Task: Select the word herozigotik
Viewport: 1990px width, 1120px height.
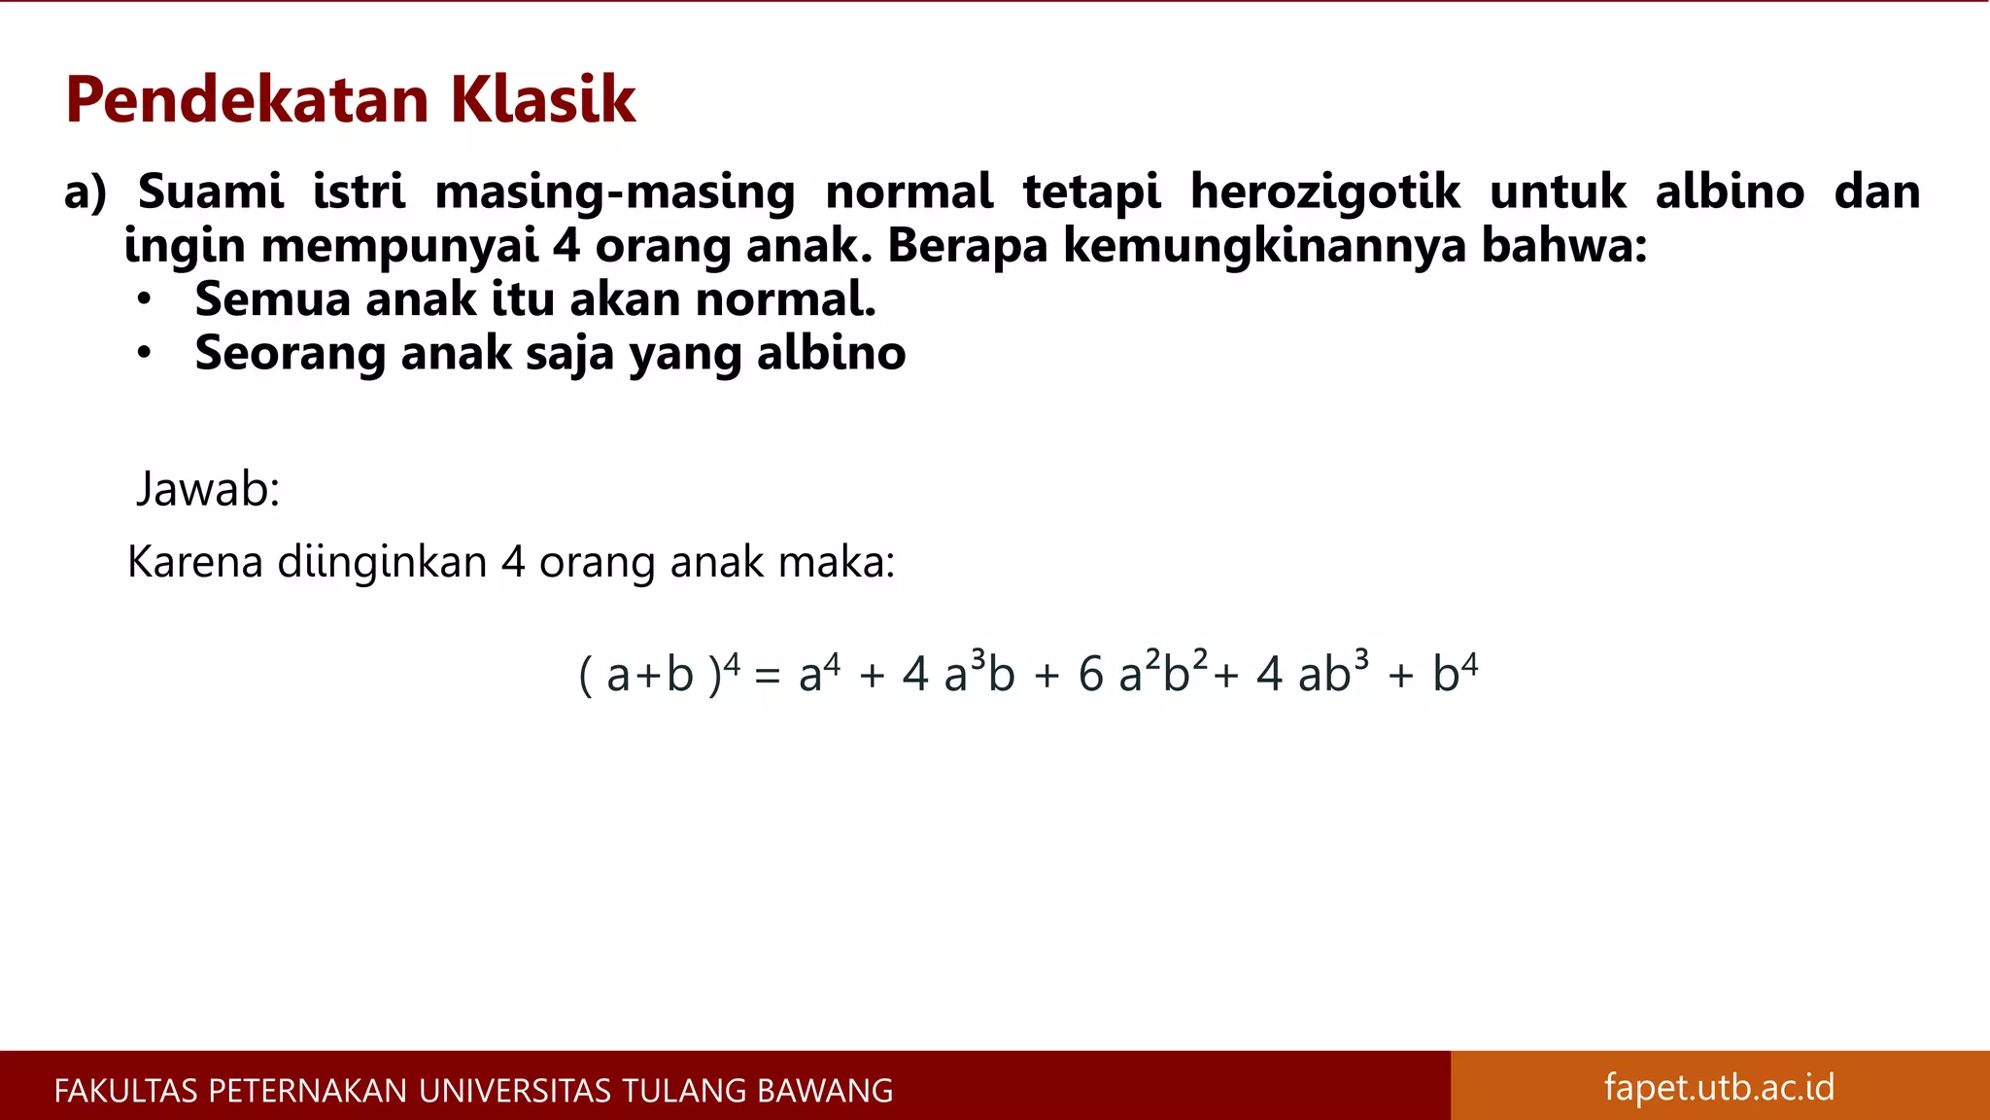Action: (1324, 192)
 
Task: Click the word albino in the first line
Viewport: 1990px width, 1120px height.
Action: (1730, 192)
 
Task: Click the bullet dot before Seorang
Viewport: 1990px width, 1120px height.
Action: (144, 353)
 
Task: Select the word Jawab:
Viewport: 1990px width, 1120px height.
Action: (208, 489)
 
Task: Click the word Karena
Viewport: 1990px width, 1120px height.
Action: (195, 563)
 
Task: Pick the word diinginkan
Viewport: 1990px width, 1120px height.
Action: (382, 563)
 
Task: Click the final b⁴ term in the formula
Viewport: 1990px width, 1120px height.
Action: (1455, 673)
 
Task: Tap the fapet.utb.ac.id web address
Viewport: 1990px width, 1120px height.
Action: (1719, 1087)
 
